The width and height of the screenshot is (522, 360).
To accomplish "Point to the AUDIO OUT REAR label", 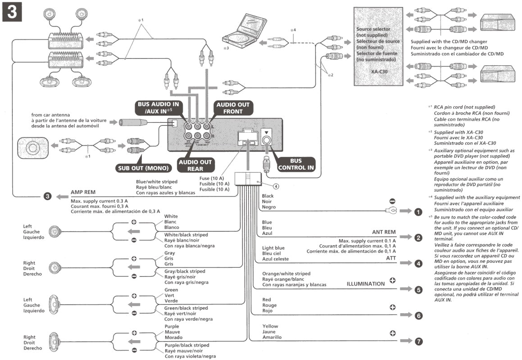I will pyautogui.click(x=196, y=165).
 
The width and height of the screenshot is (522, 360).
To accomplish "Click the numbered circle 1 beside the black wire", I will pyautogui.click(x=418, y=211).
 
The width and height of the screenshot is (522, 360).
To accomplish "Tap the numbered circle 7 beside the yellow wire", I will pyautogui.click(x=418, y=342).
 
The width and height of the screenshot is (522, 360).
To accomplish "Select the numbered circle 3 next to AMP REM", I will pyautogui.click(x=47, y=196).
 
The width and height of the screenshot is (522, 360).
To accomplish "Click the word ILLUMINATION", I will pyautogui.click(x=365, y=284).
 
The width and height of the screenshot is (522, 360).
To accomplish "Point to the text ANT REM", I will pyautogui.click(x=384, y=232).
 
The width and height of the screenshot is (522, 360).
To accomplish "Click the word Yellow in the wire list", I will pyautogui.click(x=270, y=326).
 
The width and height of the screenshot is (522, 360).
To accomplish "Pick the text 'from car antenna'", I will pyautogui.click(x=50, y=115).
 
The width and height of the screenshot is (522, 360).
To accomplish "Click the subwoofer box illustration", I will pyautogui.click(x=32, y=148).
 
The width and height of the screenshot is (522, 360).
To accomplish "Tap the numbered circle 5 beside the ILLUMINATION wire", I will pyautogui.click(x=418, y=290).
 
